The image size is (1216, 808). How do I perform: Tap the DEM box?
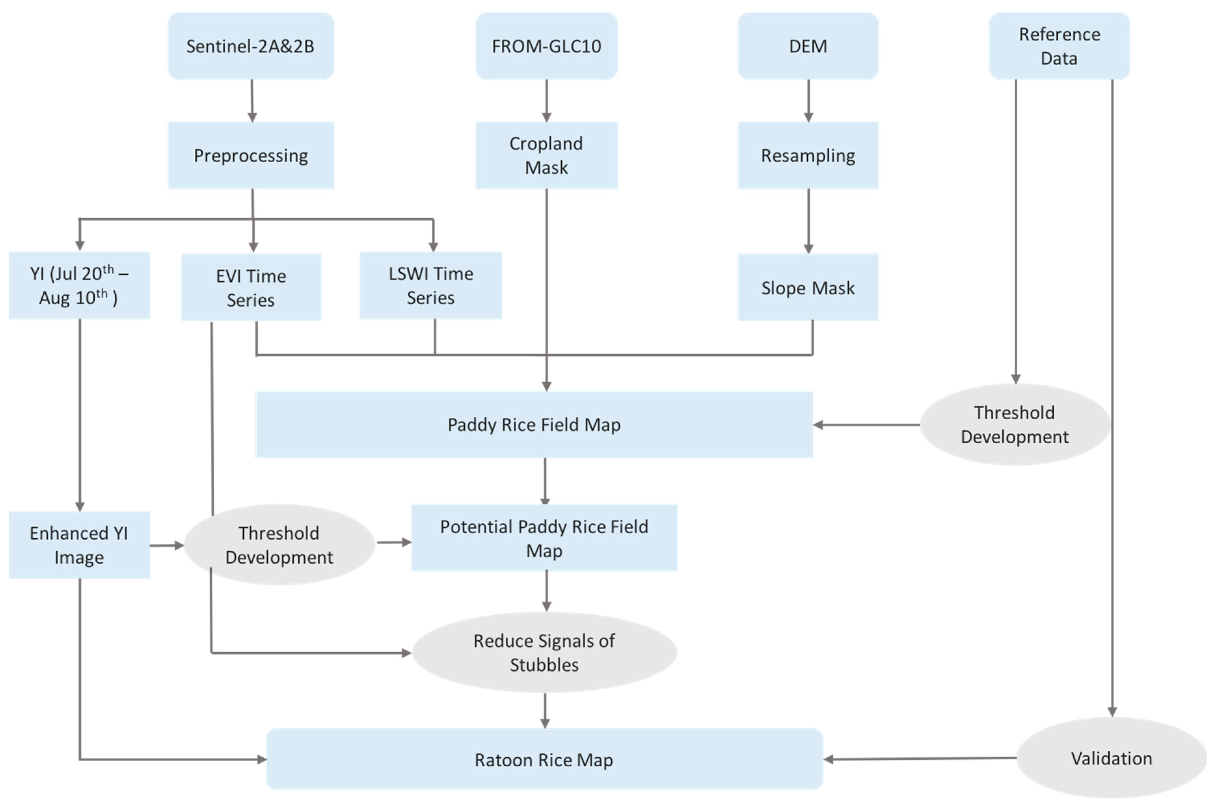[808, 47]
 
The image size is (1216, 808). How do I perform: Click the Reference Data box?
[1059, 47]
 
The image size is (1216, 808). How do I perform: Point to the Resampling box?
[808, 155]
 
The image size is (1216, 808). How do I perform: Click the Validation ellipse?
[1111, 758]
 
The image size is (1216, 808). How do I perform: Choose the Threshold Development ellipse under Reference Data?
[1015, 424]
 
